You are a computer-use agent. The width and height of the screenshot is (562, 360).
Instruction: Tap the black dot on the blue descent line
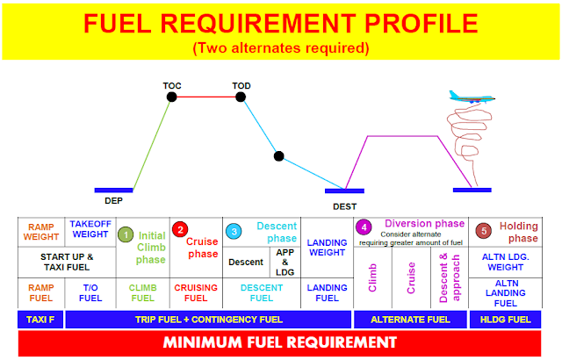278,157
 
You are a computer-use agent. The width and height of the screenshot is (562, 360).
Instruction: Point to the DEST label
344,206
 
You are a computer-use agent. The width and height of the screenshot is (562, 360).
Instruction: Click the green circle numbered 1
126,235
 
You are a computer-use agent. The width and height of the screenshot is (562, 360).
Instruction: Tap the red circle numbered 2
179,230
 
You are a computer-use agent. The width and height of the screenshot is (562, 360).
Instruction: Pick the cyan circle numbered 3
233,230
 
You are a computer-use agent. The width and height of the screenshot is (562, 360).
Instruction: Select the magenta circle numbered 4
363,227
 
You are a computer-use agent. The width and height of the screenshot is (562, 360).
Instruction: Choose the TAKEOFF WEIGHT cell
90,230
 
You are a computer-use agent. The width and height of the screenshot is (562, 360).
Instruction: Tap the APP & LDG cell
285,261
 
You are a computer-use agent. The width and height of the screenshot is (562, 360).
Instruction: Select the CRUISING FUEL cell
196,293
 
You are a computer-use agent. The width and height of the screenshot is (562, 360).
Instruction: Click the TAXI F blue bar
40,319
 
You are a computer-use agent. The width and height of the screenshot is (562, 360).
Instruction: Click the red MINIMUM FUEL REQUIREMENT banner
281,342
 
